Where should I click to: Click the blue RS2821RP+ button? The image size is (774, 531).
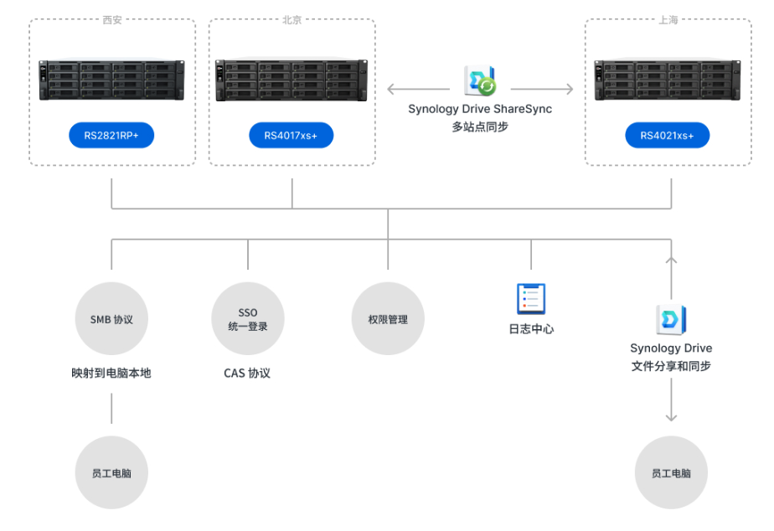click(x=111, y=135)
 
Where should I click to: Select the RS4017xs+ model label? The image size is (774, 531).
click(x=291, y=135)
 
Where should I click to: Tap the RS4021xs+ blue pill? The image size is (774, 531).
click(x=667, y=135)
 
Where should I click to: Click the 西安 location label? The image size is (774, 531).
click(x=111, y=20)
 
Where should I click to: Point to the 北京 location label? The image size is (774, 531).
click(x=292, y=20)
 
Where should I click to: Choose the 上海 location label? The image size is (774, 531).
click(x=668, y=20)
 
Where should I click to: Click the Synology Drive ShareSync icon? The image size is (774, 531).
click(x=480, y=81)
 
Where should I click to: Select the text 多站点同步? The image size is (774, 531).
click(x=480, y=127)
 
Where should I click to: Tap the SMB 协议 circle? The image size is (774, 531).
click(x=111, y=319)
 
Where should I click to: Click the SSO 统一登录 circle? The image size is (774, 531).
click(x=248, y=319)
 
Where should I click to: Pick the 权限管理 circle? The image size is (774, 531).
click(x=388, y=319)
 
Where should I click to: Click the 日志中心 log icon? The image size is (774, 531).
click(x=531, y=300)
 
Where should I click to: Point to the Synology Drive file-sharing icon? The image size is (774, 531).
click(x=671, y=320)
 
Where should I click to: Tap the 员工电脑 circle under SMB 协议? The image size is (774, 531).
click(x=111, y=472)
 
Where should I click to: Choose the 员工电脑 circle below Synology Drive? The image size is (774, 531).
click(x=671, y=472)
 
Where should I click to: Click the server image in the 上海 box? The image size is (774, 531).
click(x=667, y=80)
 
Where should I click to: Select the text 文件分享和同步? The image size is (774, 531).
click(x=671, y=366)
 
